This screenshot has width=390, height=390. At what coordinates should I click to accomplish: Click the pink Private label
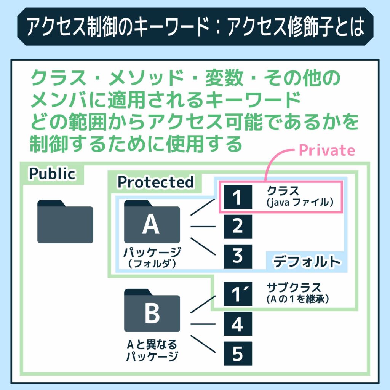[327, 151]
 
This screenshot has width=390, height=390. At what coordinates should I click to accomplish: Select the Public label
[52, 174]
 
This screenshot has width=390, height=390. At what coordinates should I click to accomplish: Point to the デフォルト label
[306, 262]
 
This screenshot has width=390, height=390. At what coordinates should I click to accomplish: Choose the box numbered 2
[238, 227]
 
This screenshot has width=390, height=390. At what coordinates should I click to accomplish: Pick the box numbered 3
[238, 256]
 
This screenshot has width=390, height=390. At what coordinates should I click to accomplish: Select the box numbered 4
[238, 324]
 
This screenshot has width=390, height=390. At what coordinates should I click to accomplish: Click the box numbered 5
[238, 354]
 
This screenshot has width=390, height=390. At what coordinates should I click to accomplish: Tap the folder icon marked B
[152, 311]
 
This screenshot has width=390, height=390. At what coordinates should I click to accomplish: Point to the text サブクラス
[289, 288]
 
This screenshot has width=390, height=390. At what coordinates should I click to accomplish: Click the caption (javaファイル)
[301, 203]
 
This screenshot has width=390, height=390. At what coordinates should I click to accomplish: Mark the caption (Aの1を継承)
[298, 300]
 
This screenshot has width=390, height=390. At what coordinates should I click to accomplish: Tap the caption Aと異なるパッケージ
[152, 351]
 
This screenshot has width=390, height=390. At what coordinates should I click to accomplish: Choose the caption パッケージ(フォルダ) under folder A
[152, 257]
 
